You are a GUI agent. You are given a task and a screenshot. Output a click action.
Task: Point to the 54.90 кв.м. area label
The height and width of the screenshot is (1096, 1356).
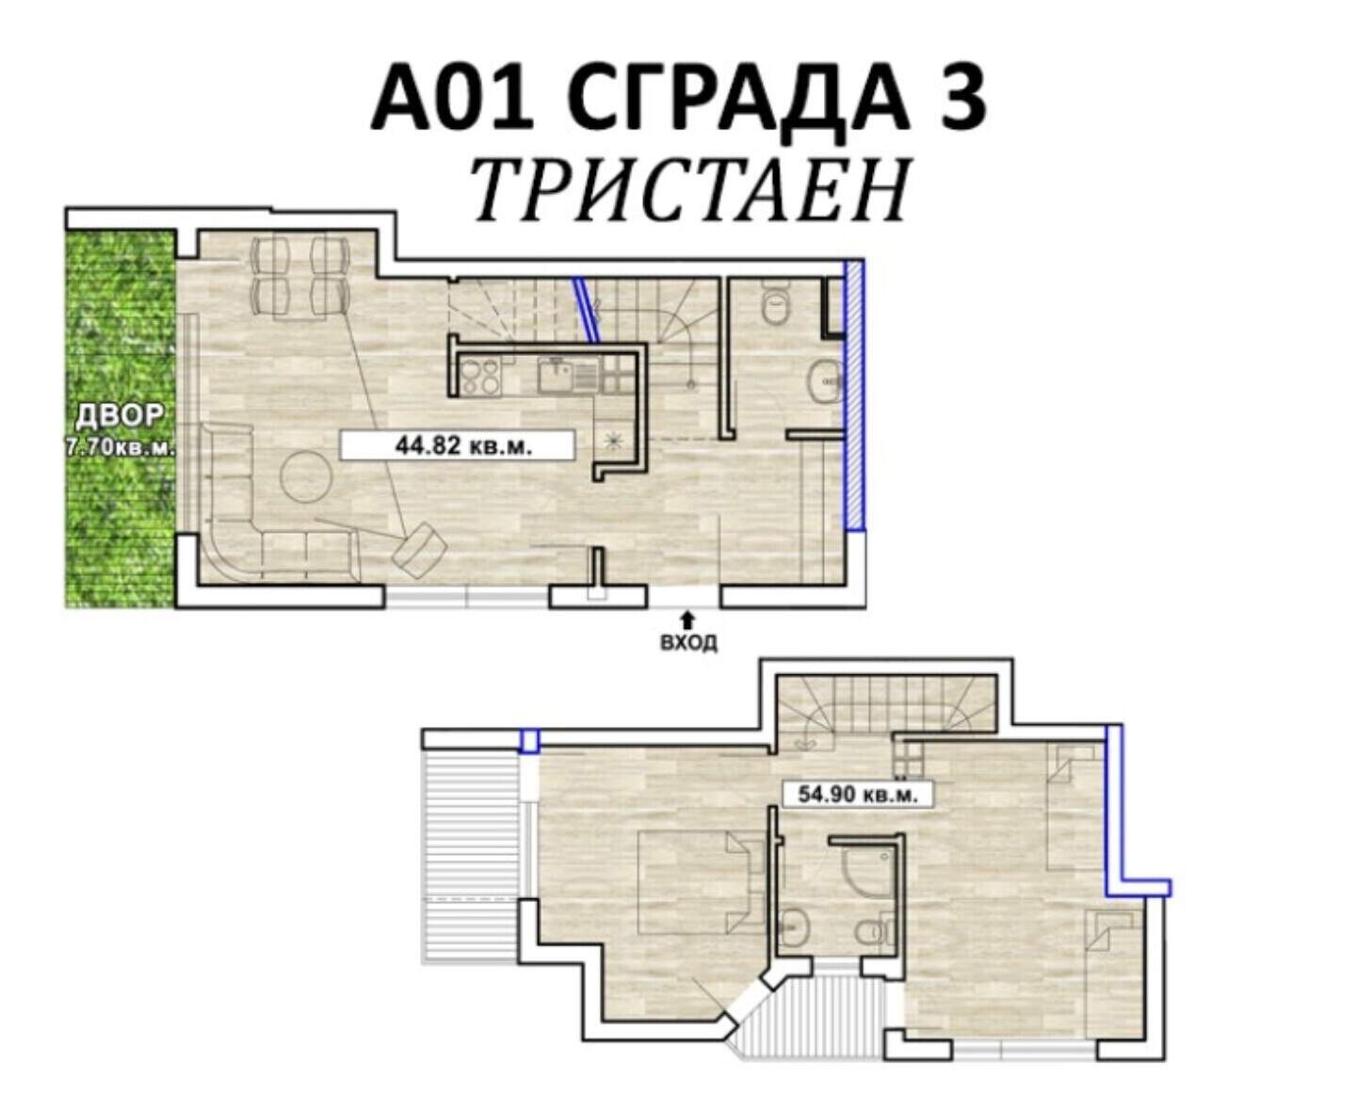pyautogui.click(x=858, y=795)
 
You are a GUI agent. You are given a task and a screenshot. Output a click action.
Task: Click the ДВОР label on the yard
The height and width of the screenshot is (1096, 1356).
pyautogui.click(x=120, y=416)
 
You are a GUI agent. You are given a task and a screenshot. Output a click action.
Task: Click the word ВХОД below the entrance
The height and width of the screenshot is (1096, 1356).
pyautogui.click(x=688, y=643)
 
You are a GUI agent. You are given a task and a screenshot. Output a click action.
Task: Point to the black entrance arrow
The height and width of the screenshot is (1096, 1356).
pyautogui.click(x=687, y=620)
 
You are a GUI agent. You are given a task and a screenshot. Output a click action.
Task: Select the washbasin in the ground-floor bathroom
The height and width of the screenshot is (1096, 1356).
pyautogui.click(x=825, y=382)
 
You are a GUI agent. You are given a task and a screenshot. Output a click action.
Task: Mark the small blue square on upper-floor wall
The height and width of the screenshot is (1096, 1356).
pyautogui.click(x=529, y=741)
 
